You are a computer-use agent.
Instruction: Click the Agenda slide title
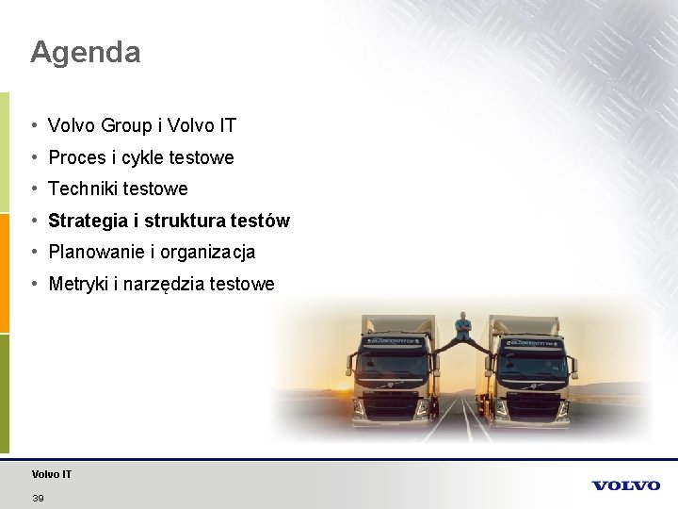point(85,52)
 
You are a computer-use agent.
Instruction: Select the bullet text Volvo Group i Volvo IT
point(142,125)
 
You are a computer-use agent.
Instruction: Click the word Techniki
point(82,189)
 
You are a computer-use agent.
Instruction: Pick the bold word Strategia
point(88,222)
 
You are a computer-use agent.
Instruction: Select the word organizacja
point(207,253)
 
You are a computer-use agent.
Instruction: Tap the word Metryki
point(78,284)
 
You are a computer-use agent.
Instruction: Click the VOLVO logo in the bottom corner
point(626,485)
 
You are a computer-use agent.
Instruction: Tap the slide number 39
point(38,498)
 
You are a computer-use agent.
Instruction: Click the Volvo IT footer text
point(51,474)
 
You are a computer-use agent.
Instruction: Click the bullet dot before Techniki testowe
point(33,189)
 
